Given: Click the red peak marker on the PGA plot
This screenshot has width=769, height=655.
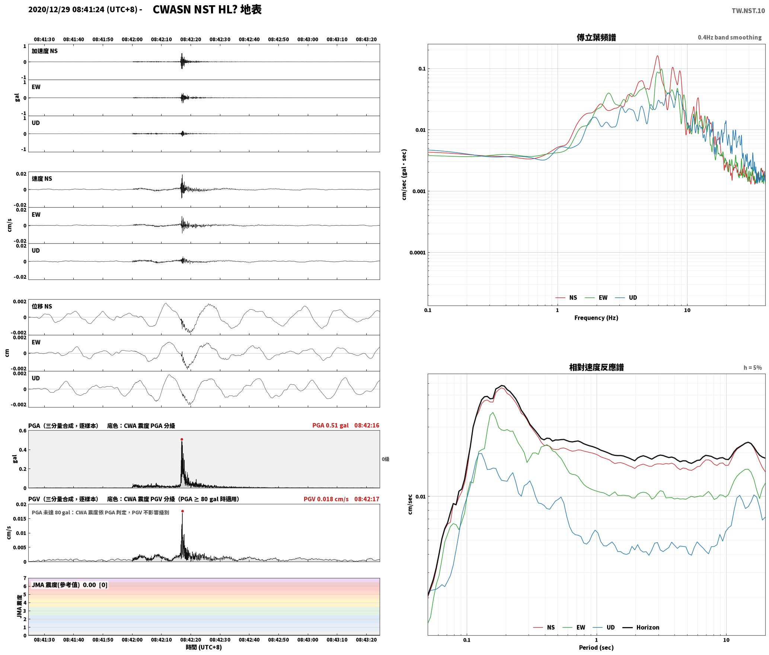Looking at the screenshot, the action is click(x=182, y=440).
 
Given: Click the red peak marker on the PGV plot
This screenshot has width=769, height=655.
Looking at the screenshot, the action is click(x=182, y=511).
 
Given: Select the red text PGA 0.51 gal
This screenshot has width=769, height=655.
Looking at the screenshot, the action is click(x=331, y=425).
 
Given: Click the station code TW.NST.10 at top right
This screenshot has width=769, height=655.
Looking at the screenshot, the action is click(x=748, y=11).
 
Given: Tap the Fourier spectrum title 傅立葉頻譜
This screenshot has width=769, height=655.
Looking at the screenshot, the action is click(x=596, y=38).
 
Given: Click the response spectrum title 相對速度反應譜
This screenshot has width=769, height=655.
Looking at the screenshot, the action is click(x=596, y=367).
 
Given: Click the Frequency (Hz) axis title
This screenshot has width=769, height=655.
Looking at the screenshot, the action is click(x=596, y=318).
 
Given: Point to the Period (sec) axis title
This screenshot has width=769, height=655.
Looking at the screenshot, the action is click(x=596, y=648).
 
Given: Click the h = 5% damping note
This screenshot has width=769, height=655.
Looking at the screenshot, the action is click(x=753, y=368).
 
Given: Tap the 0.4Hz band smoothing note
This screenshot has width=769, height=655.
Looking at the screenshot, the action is click(x=730, y=38).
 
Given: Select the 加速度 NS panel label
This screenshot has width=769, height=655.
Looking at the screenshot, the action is click(x=45, y=51).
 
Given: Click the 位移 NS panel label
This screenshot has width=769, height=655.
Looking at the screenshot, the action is click(x=42, y=306).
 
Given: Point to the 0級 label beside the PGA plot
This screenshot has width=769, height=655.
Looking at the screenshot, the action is click(x=385, y=459).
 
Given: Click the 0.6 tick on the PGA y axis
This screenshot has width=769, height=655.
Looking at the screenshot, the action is click(x=23, y=431).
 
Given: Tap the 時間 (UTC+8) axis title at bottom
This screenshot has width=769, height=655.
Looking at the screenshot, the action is click(x=204, y=647).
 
